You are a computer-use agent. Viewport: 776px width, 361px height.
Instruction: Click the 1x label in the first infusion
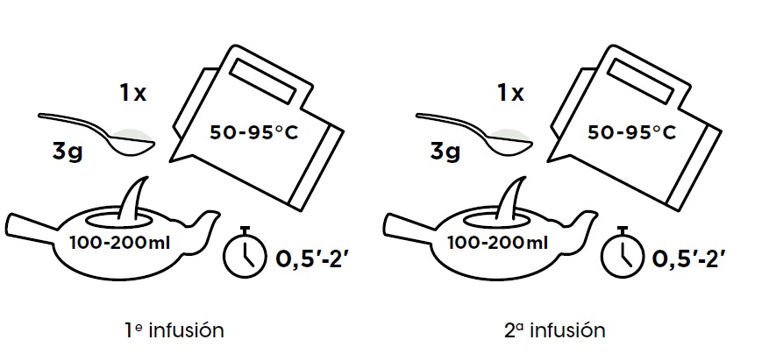(133, 93)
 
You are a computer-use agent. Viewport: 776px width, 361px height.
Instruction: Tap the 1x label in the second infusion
(510, 93)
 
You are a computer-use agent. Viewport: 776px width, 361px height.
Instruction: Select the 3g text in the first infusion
(68, 152)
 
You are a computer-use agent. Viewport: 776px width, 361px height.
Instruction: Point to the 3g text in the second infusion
(445, 152)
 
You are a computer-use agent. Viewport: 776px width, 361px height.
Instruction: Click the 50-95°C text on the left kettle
(254, 132)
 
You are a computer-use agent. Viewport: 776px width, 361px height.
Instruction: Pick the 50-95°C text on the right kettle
(631, 132)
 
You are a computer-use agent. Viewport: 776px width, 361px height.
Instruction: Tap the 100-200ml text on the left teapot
(120, 243)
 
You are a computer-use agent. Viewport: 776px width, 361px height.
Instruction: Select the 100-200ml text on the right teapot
(498, 243)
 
